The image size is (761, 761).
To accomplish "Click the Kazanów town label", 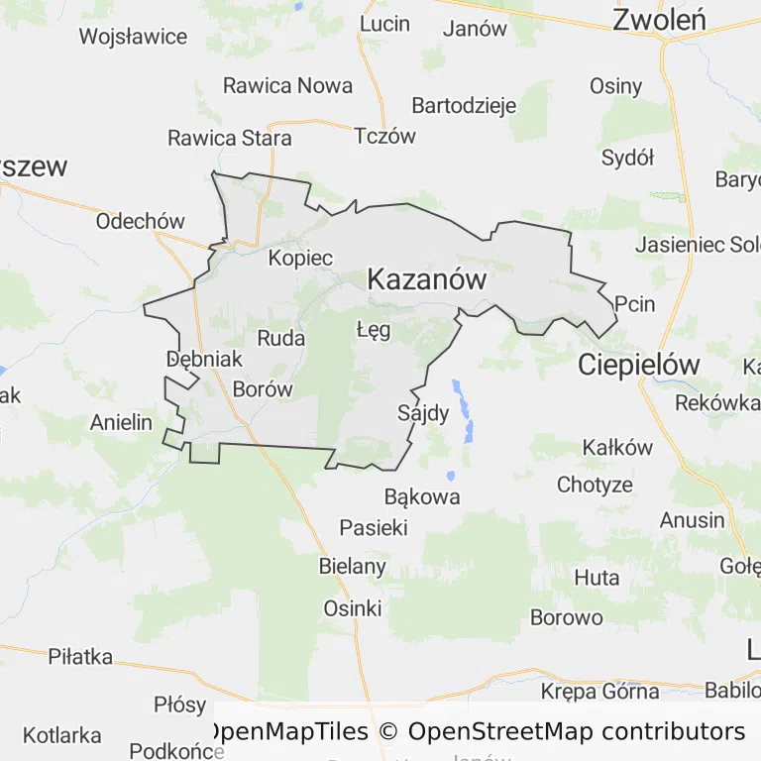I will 426,280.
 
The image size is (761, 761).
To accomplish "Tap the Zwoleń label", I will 658,20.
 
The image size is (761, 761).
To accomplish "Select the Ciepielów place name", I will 638,365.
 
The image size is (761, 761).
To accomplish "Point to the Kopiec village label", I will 300,258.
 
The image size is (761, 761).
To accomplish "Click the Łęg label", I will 374,329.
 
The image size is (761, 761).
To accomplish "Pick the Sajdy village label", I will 423,412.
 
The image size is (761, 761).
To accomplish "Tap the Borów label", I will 263,389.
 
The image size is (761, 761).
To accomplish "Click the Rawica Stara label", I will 230,138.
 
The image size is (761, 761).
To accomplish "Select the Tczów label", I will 385,137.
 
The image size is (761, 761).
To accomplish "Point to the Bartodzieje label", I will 464,105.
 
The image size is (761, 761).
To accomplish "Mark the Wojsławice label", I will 133,38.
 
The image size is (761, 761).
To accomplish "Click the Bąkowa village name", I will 422,496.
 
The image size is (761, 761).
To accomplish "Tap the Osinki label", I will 352,608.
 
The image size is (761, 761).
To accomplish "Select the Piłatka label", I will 80,657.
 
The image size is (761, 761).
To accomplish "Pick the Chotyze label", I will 595,486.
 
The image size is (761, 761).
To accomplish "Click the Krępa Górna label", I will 599,692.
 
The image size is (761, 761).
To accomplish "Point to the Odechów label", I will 140,221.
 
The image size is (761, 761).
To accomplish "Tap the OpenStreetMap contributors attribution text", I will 576,732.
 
